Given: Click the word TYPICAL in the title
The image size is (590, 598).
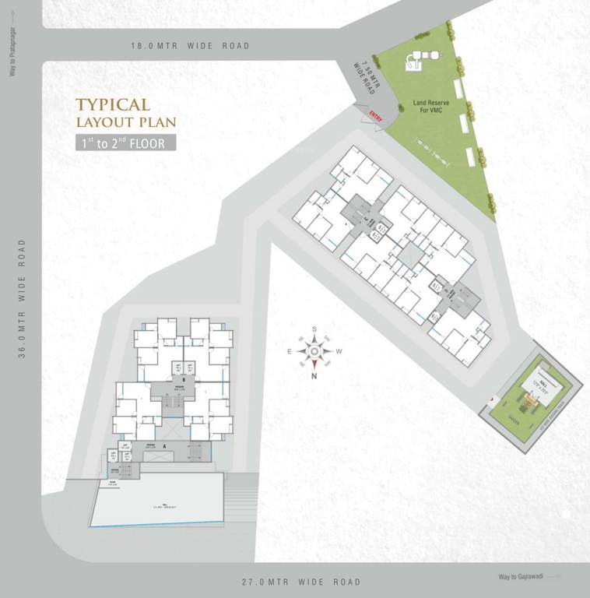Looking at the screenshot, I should point(113,104).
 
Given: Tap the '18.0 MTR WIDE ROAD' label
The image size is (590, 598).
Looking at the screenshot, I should point(191,46).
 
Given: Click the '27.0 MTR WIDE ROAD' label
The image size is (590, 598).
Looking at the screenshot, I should point(301,582).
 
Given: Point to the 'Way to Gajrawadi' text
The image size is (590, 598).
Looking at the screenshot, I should point(520,577).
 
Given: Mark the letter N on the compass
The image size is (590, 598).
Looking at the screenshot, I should point(314,376).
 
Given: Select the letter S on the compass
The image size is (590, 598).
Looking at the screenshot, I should point(314,329).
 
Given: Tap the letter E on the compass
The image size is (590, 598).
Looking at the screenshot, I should point(290,352).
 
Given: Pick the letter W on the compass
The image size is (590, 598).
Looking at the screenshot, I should point(339,352).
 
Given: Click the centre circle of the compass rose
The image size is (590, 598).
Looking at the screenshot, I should point(314,352).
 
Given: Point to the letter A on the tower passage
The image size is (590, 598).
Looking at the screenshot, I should point(166,445).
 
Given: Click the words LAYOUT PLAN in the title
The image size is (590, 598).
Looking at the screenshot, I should point(126,122).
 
